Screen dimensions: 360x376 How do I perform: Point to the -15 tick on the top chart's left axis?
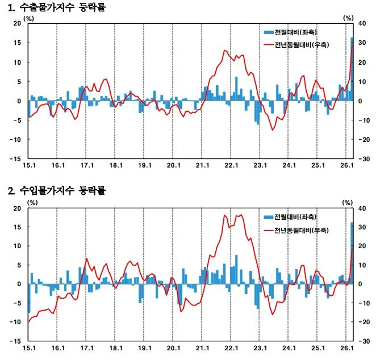16,159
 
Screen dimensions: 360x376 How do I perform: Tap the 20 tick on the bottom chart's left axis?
17,208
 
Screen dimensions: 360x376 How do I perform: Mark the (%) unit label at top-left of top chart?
28,18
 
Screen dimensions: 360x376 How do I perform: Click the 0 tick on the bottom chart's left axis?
19,284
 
